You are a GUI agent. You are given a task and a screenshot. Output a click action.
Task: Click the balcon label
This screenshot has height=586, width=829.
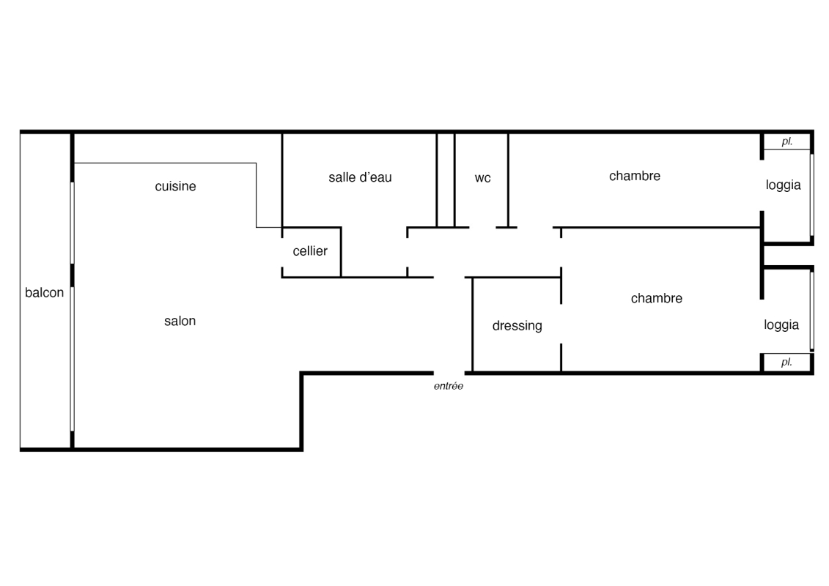pos(44,293)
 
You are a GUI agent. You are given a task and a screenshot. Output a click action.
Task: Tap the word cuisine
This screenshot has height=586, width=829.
pos(175,187)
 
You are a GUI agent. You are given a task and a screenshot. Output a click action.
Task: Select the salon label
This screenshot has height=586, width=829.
pos(180,321)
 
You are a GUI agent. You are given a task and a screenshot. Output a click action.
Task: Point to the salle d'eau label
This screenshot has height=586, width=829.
pos(360,177)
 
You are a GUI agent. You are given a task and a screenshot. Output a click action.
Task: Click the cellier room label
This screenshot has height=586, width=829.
pos(310,251)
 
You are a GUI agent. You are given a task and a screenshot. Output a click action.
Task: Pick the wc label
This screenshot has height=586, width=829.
pos(482,178)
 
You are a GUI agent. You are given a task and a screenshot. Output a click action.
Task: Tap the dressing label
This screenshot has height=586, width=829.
pos(517,326)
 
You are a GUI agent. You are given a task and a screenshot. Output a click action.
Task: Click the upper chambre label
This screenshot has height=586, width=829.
pos(635,176)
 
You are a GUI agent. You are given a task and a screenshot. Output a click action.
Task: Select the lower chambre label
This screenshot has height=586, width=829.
pos(657,298)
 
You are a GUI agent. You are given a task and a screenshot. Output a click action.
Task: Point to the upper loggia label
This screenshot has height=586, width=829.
pos(783,185)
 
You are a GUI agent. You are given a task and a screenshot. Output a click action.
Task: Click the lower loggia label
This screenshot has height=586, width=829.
pos(781,325)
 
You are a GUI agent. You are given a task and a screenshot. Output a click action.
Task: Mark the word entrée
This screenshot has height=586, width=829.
pos(449,386)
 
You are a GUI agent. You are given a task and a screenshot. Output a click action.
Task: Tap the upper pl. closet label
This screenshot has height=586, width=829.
pos(786,142)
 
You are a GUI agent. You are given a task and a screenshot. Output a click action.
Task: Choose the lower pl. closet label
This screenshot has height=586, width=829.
pos(786,363)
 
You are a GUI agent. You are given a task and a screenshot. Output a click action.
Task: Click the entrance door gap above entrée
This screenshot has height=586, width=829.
pos(449,373)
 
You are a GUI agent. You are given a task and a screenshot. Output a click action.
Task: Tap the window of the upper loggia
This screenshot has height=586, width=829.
pos(811,194)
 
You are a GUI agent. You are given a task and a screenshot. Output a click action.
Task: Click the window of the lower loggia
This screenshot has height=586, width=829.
pos(811,311)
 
